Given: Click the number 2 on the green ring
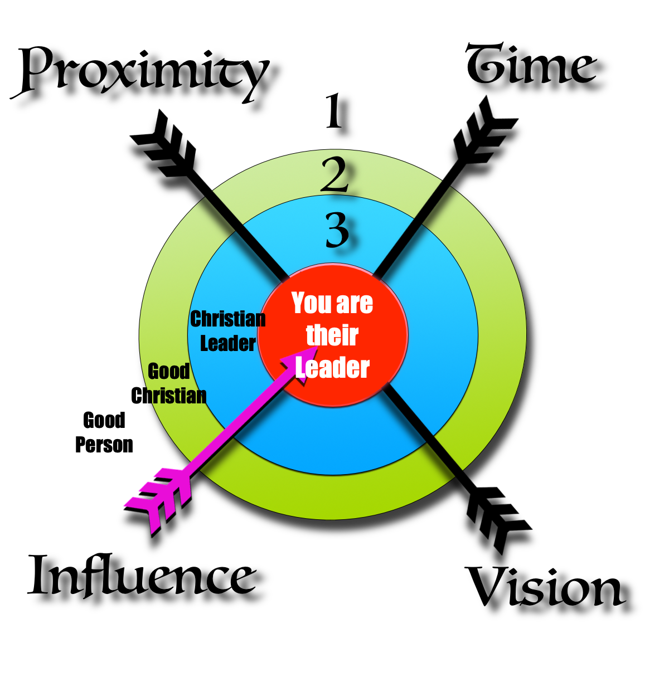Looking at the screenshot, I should pyautogui.click(x=335, y=175).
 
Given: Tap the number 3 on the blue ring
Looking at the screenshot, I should pyautogui.click(x=337, y=231).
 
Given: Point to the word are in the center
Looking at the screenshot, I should pyautogui.click(x=355, y=304).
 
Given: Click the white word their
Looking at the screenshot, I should pyautogui.click(x=332, y=335).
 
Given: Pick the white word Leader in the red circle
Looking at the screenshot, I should pyautogui.click(x=333, y=368).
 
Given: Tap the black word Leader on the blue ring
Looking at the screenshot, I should pyautogui.click(x=228, y=343).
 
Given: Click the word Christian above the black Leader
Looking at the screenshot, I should pyautogui.click(x=228, y=319).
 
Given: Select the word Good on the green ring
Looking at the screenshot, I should pyautogui.click(x=169, y=371).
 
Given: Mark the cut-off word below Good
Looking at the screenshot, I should pyautogui.click(x=176, y=396).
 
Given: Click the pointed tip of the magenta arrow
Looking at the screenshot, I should pyautogui.click(x=316, y=348).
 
